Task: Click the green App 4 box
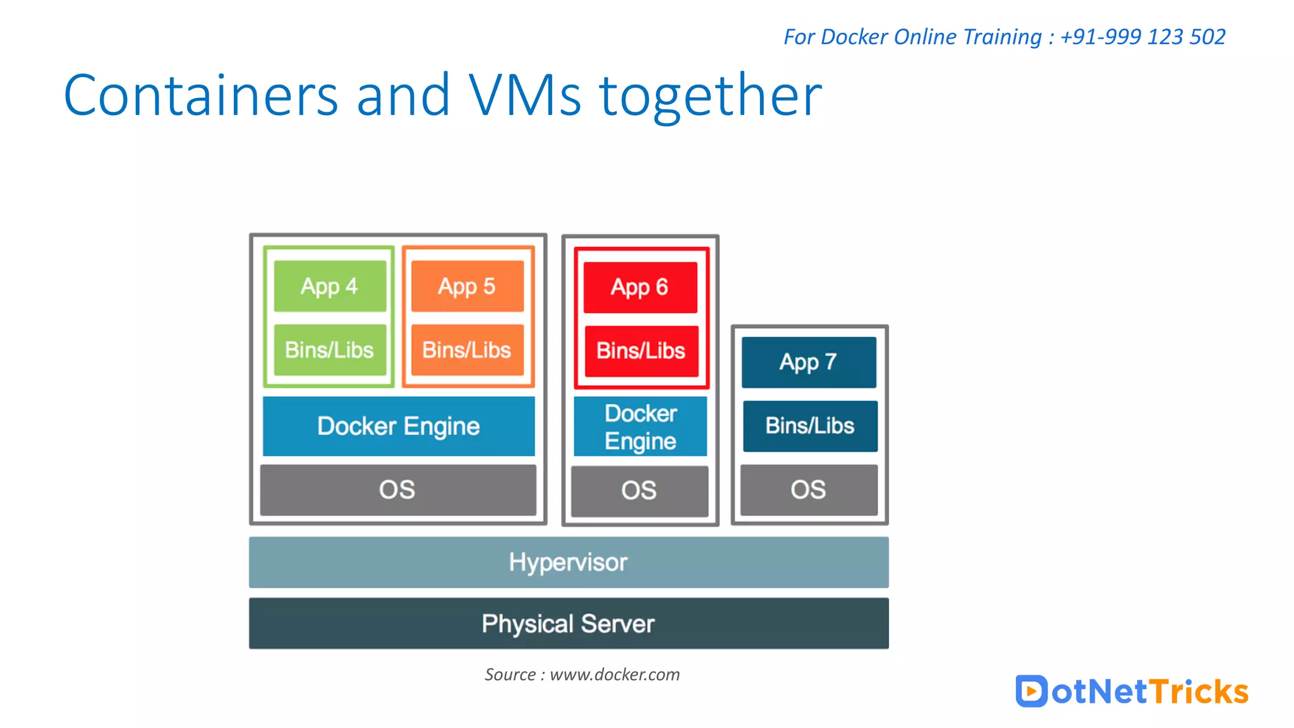330,286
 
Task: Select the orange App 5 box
467,286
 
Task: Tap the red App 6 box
640,288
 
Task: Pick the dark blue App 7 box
809,362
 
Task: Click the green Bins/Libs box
330,350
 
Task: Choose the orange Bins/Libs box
467,350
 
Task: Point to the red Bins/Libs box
641,351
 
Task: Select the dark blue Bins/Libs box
810,426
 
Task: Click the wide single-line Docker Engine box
399,426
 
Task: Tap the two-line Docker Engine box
640,427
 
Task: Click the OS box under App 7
809,490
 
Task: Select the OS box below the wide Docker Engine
397,490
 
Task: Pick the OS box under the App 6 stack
639,491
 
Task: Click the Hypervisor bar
569,562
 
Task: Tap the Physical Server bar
569,624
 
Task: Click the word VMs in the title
524,96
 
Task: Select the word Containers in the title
201,96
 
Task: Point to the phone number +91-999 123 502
1142,37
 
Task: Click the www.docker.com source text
614,674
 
